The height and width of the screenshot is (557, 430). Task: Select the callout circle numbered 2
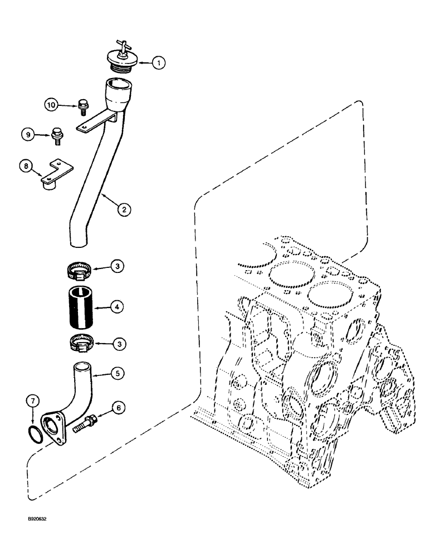click(124, 210)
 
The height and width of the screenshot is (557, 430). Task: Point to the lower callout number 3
click(118, 344)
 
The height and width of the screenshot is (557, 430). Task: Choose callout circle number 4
click(118, 306)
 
